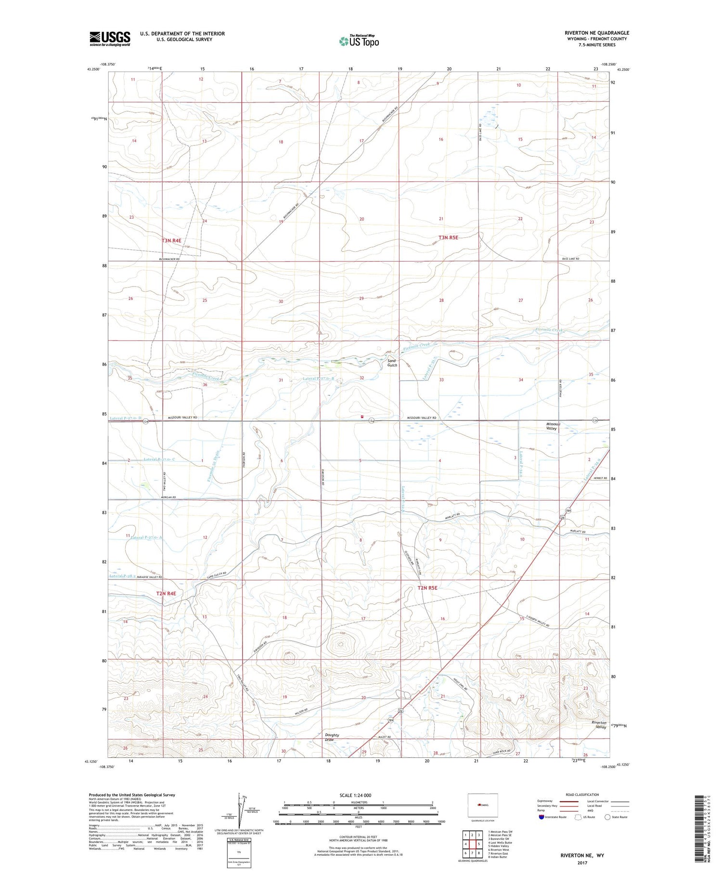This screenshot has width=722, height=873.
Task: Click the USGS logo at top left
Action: pyautogui.click(x=110, y=39)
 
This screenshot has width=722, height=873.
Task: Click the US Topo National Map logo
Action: pyautogui.click(x=359, y=41)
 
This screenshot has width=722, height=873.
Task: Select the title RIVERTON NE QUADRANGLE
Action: pyautogui.click(x=597, y=33)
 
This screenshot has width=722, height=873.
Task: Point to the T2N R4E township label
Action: pyautogui.click(x=166, y=593)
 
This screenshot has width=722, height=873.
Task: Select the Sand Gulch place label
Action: pyautogui.click(x=392, y=363)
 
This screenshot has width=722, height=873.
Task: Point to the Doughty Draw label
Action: pyautogui.click(x=332, y=737)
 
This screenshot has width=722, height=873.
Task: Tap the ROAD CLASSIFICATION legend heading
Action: pyautogui.click(x=583, y=795)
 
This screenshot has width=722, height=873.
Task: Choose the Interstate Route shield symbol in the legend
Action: pyautogui.click(x=541, y=817)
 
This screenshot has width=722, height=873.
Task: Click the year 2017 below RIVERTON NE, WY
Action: pyautogui.click(x=583, y=862)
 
